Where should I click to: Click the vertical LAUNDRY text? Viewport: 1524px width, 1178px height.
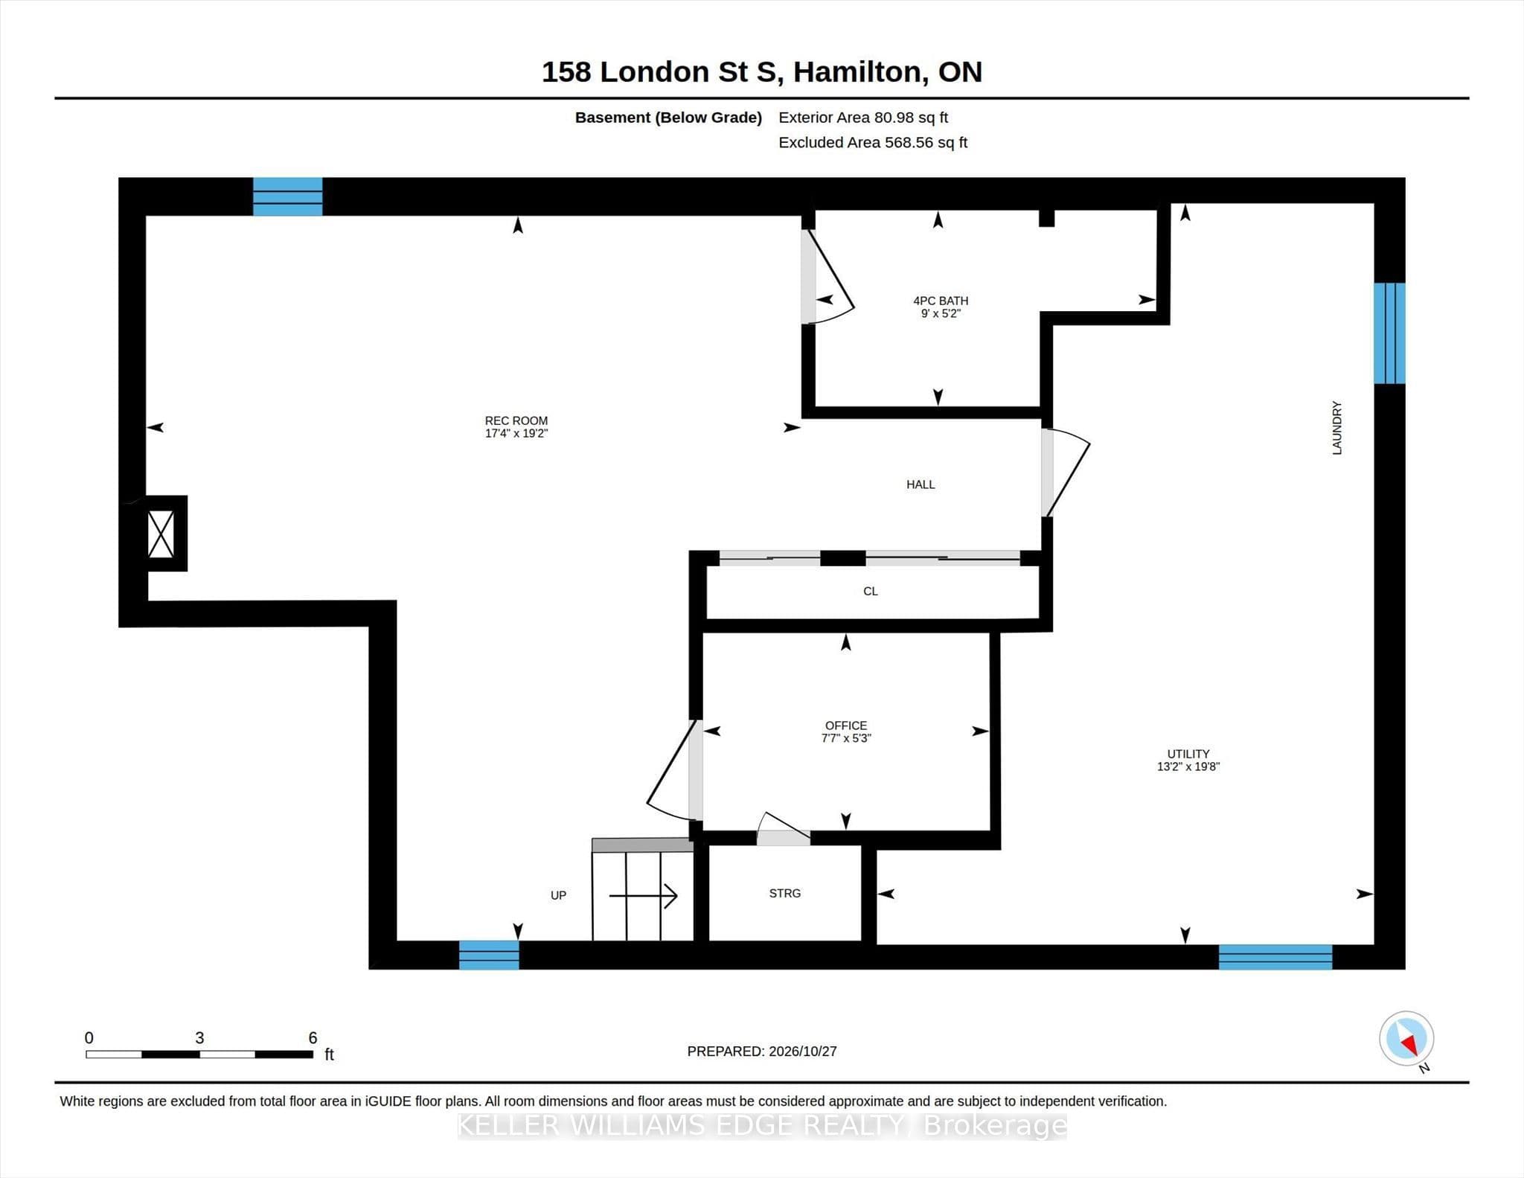click(1337, 428)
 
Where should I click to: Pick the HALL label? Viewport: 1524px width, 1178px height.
click(921, 484)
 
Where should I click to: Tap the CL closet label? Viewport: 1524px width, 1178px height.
click(871, 591)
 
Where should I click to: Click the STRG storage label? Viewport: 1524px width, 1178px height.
click(785, 893)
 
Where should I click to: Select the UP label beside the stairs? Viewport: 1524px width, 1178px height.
click(558, 895)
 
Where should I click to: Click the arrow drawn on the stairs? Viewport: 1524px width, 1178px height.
click(643, 895)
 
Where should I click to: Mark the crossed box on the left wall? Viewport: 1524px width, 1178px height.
click(161, 534)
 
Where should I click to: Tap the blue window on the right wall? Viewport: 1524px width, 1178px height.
click(1389, 333)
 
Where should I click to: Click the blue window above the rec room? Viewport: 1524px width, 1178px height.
click(288, 196)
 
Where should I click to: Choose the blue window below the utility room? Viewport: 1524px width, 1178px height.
click(1275, 956)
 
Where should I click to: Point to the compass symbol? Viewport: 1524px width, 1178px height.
click(1406, 1039)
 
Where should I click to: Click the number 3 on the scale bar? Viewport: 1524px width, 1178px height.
click(199, 1037)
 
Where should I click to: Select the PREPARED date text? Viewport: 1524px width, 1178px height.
click(762, 1051)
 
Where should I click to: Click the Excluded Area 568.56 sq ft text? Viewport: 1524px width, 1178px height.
click(873, 142)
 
